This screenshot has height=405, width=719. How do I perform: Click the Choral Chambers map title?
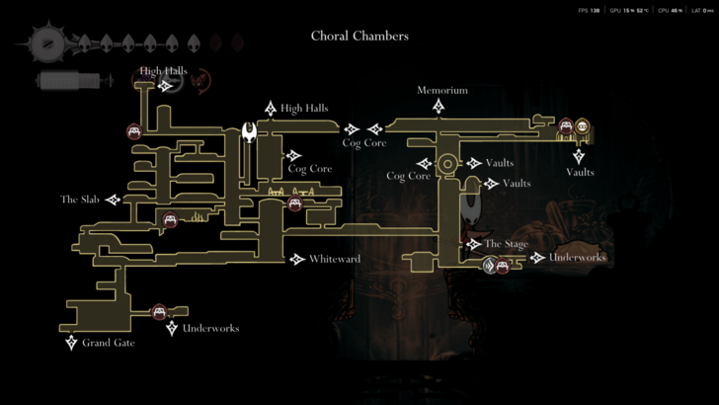coord(359,37)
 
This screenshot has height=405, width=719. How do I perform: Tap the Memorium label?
coord(441,90)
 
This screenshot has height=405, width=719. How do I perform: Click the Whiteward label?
coord(334,259)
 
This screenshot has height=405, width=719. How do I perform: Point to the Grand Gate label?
coord(108,343)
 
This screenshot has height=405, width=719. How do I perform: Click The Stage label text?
coord(506,244)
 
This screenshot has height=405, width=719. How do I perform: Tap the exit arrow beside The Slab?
coord(113,200)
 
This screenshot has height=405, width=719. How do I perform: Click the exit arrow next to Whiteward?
coord(297,259)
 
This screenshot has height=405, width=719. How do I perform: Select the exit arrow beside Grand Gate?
coord(71,343)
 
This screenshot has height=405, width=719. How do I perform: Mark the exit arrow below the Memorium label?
coord(439,106)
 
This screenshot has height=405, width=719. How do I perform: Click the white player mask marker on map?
coord(250,131)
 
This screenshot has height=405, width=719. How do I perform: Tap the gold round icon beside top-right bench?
coord(583,126)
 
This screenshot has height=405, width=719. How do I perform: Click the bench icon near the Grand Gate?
coord(159,313)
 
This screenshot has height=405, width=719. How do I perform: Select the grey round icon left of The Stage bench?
coord(490,265)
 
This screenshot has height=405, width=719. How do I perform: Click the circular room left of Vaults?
coord(447,163)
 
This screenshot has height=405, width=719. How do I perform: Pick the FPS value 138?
coord(595,10)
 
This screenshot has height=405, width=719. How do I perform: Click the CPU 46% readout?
coord(676,10)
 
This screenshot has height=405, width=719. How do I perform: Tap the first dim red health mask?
coord(217,43)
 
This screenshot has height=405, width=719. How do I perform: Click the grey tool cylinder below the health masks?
coord(68,80)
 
